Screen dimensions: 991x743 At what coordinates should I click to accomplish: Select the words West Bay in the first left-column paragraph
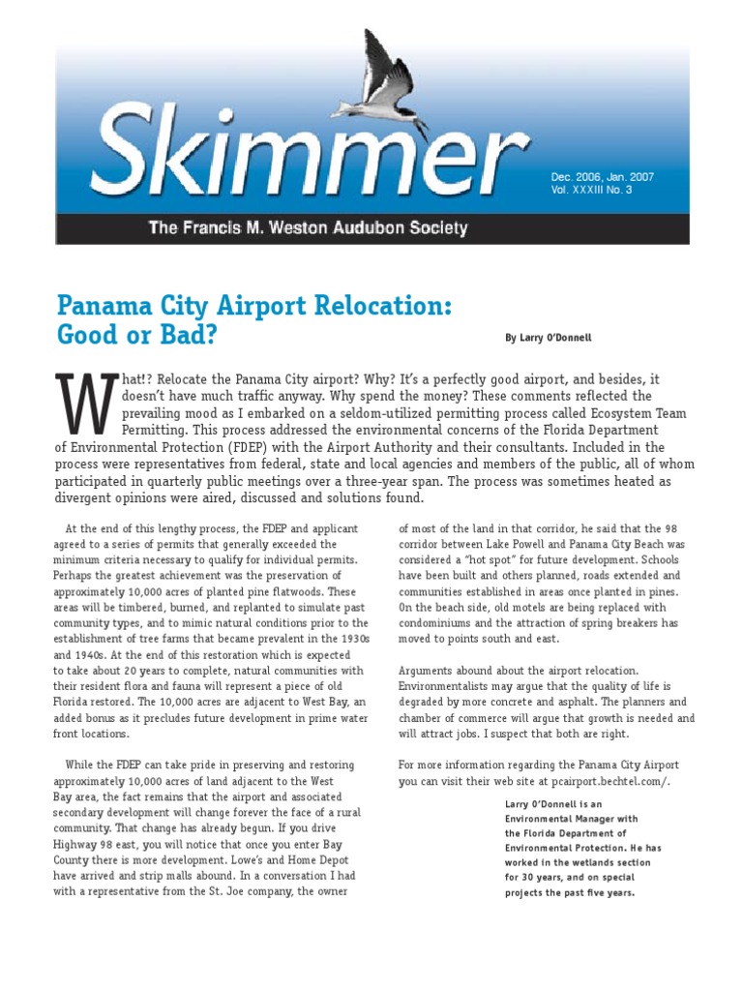[295, 701]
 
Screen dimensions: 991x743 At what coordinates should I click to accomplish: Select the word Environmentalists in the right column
[448, 685]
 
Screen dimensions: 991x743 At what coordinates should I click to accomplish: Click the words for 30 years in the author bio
[532, 877]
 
